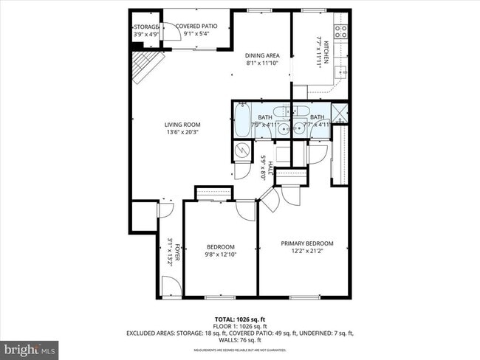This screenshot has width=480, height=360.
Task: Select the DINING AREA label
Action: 262,55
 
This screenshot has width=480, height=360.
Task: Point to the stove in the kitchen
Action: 341,31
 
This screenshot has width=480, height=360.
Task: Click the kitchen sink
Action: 340,72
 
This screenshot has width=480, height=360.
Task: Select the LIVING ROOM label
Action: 182,125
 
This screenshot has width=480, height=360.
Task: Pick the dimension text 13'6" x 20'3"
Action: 182,133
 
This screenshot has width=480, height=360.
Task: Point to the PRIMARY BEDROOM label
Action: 306,243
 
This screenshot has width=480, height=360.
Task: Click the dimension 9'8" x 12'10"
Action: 220,255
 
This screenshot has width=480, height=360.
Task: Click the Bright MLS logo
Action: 30,347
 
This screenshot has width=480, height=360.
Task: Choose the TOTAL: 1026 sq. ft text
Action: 240,319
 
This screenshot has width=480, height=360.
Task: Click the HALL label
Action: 271,169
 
